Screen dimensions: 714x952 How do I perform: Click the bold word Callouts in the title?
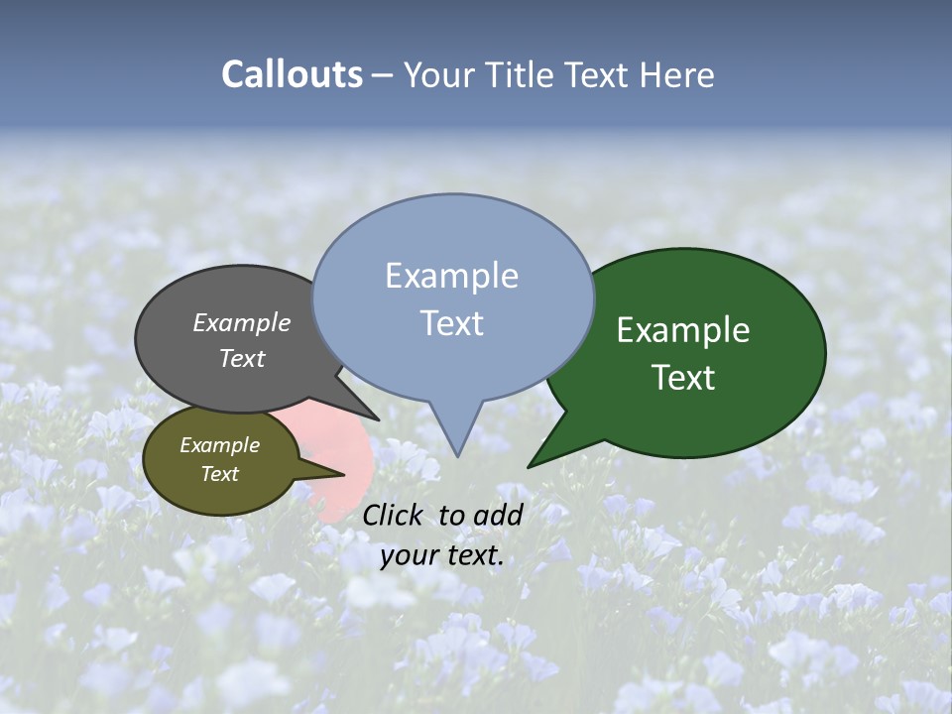292,74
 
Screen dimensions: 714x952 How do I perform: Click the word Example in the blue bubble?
451,276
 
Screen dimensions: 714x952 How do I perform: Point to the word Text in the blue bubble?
451,323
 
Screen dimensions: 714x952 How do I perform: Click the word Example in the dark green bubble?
683,330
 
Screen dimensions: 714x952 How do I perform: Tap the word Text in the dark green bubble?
683,378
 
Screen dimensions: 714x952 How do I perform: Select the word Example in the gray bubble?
241,323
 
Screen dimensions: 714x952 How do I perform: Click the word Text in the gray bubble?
241,358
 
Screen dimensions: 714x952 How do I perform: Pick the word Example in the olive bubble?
219,445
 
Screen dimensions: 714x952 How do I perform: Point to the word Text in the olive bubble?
219,474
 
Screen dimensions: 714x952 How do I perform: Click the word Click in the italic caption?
393,515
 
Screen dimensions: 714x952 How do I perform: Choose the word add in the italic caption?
498,515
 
